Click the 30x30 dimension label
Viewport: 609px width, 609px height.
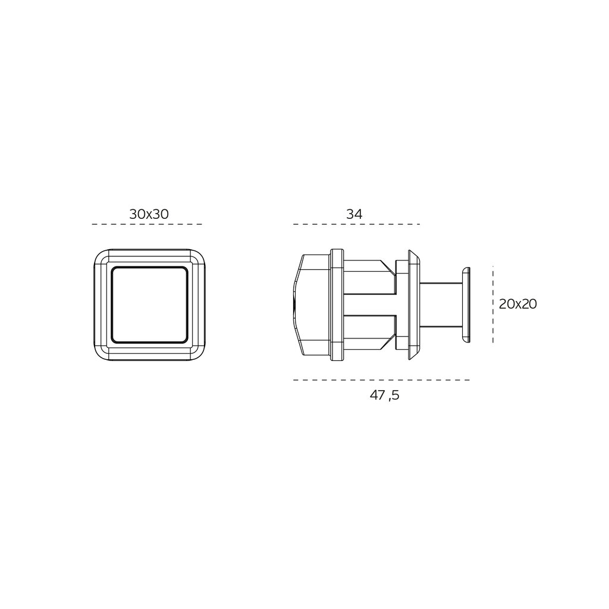pyautogui.click(x=149, y=214)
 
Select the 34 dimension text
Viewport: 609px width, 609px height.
pyautogui.click(x=354, y=214)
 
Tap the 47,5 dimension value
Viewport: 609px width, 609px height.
pyautogui.click(x=384, y=395)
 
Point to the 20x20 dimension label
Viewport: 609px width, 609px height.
pyautogui.click(x=517, y=304)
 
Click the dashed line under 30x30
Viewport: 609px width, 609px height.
pyautogui.click(x=147, y=224)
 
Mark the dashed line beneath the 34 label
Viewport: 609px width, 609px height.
pyautogui.click(x=357, y=224)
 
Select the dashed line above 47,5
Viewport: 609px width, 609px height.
pyautogui.click(x=381, y=379)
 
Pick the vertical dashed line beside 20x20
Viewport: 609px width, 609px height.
pyautogui.click(x=493, y=304)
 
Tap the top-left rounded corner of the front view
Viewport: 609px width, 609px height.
pyautogui.click(x=101, y=257)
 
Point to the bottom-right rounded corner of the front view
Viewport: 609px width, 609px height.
pyautogui.click(x=199, y=353)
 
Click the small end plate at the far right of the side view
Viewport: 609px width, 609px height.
pyautogui.click(x=465, y=304)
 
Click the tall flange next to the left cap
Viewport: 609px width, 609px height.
pyautogui.click(x=337, y=304)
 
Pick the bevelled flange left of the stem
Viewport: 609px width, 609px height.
pyautogui.click(x=412, y=304)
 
